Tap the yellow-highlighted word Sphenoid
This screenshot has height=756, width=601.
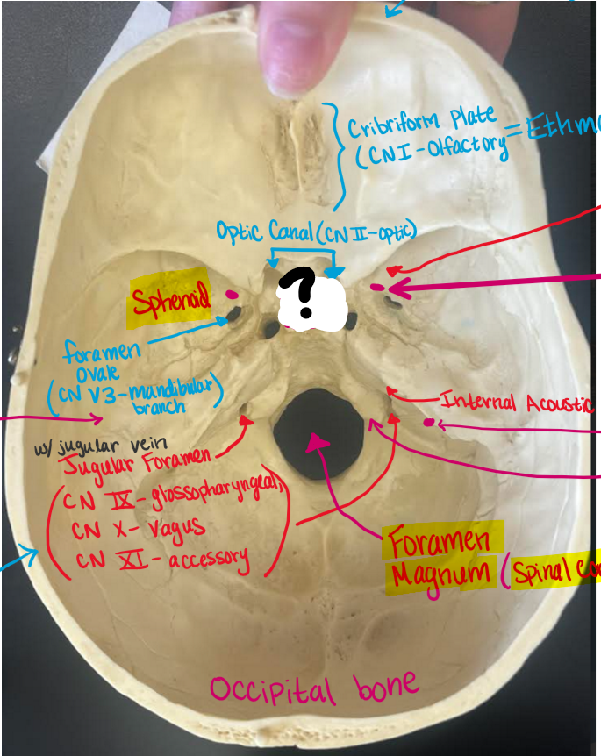pyautogui.click(x=172, y=303)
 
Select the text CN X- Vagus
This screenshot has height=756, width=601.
pyautogui.click(x=139, y=529)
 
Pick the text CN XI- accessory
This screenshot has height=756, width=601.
pyautogui.click(x=160, y=559)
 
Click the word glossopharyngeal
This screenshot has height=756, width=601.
pyautogui.click(x=217, y=497)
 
